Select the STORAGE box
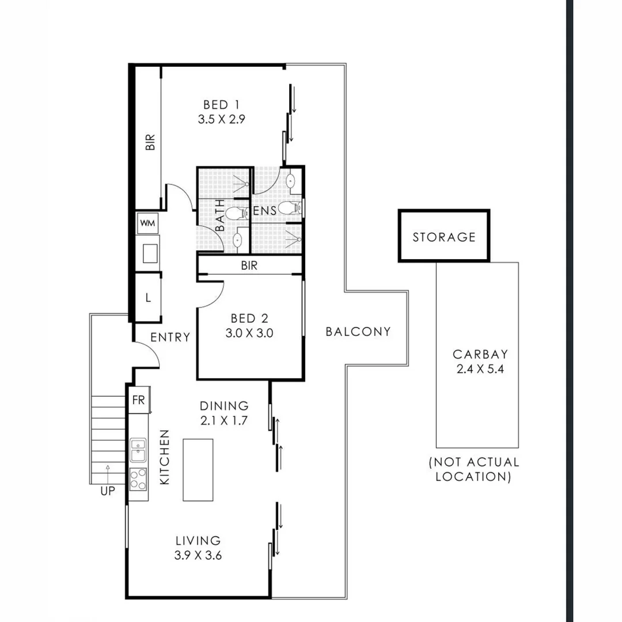(x=443, y=237)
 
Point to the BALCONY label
(x=358, y=332)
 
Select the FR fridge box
(x=139, y=400)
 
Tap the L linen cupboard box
(x=148, y=298)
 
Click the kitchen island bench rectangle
(x=198, y=469)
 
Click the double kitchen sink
(x=138, y=450)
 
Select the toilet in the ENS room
(x=289, y=207)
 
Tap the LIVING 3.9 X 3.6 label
(x=198, y=548)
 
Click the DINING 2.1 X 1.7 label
(x=224, y=412)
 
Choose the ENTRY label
(x=170, y=337)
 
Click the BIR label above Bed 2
(x=249, y=266)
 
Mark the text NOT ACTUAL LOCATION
(x=473, y=469)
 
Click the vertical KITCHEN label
(x=165, y=457)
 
